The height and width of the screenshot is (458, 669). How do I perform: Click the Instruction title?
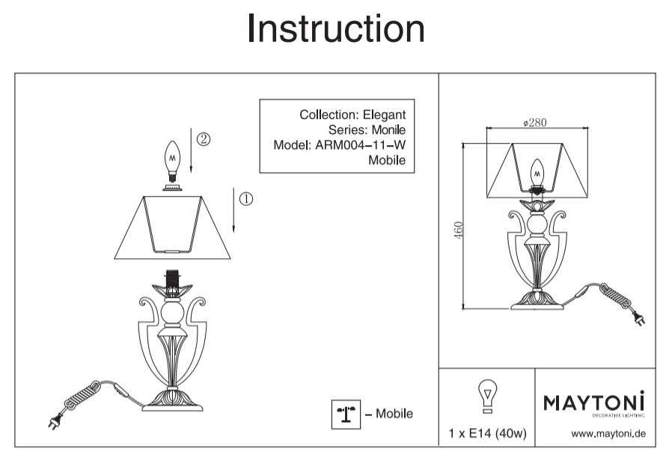tap(335, 29)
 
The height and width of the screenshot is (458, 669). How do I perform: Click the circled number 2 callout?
tap(203, 139)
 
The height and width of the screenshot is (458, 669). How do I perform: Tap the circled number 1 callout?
tap(246, 198)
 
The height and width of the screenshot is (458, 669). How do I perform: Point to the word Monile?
tap(389, 130)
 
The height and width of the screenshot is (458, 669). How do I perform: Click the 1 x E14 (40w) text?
tap(487, 433)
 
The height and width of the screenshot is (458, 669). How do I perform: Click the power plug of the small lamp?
tap(638, 322)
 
